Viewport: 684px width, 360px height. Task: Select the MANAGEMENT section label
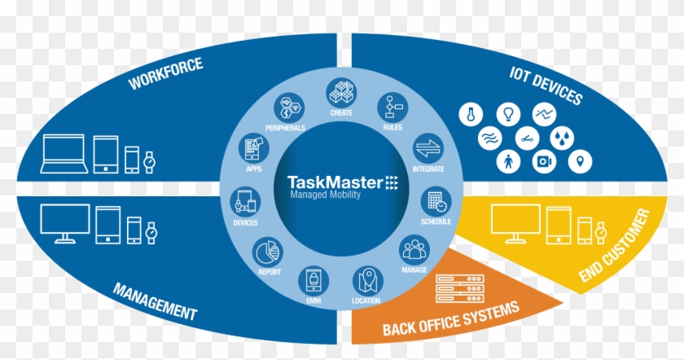(x=155, y=301)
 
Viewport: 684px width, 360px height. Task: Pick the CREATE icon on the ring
(x=340, y=92)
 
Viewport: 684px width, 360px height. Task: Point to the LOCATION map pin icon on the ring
(x=366, y=279)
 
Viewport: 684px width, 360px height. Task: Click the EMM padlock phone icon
(x=312, y=280)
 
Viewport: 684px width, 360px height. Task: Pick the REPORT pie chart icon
(x=266, y=250)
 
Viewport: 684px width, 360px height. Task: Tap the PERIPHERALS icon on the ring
(x=287, y=108)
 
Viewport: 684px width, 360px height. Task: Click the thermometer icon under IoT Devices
(x=470, y=115)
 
